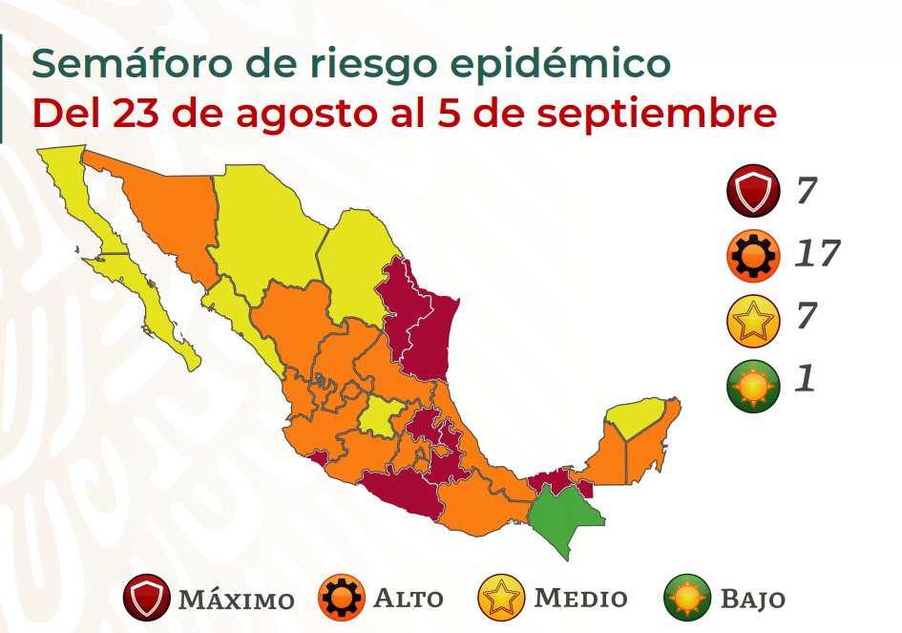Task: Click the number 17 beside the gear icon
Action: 818,254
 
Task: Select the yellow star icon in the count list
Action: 753,318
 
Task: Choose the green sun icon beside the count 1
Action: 753,381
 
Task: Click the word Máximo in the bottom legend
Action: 236,601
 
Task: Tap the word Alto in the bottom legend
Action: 408,600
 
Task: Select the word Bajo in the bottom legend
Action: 752,601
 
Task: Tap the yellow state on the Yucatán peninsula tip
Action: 635,417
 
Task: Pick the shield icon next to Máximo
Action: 148,600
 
